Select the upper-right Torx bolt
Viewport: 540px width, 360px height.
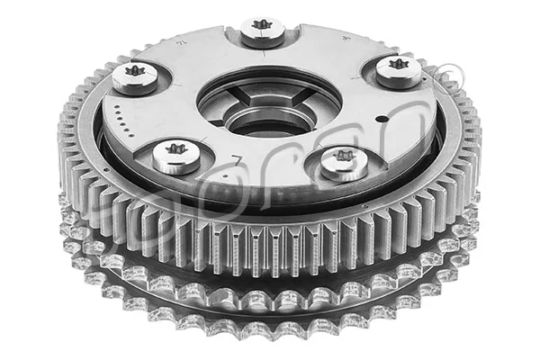coord(398,70)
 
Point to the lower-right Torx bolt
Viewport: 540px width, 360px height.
coord(343,162)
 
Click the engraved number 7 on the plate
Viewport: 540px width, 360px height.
coord(236,161)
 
